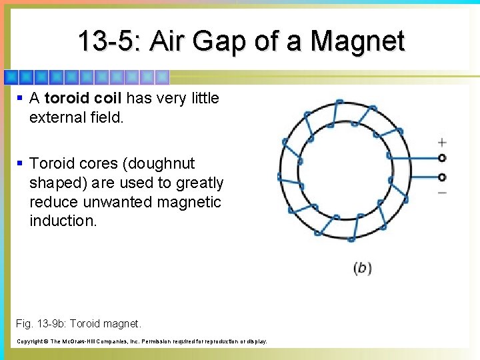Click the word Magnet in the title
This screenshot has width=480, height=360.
357,41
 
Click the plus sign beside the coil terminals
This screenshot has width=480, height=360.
442,142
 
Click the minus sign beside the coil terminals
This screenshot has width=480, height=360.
442,193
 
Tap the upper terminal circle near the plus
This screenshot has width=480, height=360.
441,158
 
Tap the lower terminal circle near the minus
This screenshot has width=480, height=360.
441,177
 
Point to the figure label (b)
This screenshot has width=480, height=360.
362,268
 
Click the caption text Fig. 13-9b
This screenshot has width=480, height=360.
41,323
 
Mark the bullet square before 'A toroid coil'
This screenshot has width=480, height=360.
20,98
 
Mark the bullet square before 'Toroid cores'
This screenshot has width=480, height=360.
20,163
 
